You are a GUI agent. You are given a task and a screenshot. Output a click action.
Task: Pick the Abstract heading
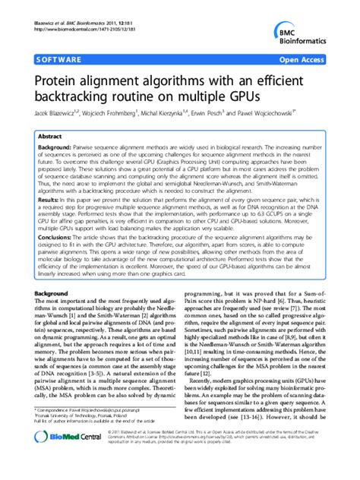(55, 137)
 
